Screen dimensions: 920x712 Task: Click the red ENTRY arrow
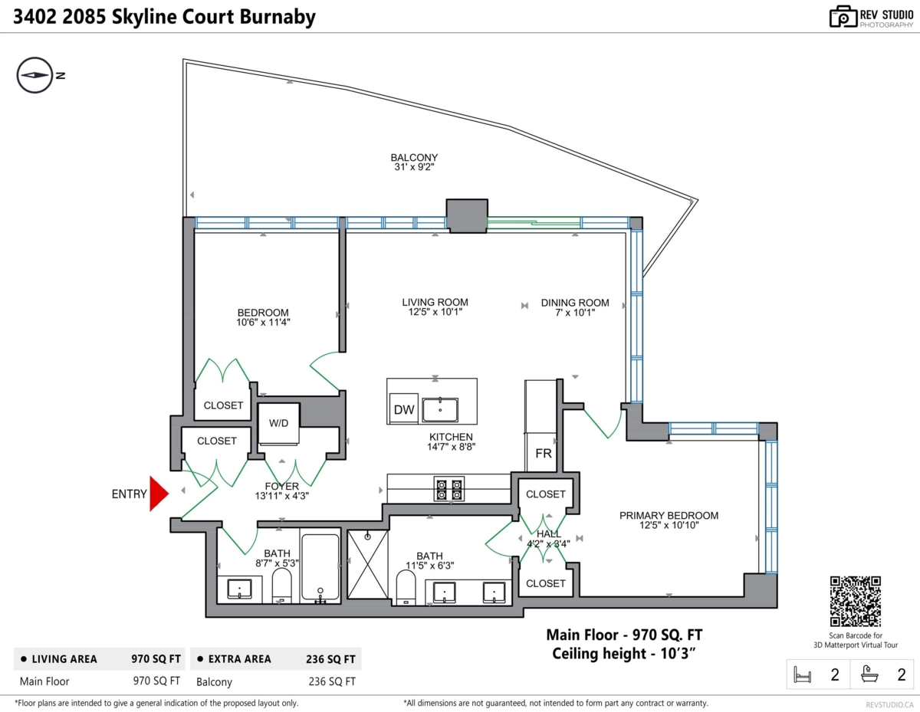coord(159,494)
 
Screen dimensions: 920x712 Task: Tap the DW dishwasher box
coord(403,408)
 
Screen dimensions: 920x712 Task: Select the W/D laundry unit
coord(278,423)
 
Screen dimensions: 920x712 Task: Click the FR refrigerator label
coord(544,454)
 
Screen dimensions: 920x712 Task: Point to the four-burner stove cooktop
coord(449,490)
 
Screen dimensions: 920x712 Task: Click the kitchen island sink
coord(440,409)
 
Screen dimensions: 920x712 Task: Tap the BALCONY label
coord(414,157)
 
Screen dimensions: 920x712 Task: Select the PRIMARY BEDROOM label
coord(669,515)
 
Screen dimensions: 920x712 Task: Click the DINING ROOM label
coord(575,303)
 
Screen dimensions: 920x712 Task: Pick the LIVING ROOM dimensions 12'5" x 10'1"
coord(435,312)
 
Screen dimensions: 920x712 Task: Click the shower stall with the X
coord(367,564)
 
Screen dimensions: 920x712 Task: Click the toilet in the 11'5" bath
coord(406,587)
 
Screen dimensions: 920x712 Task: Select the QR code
coord(856,601)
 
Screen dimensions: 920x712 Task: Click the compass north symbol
coord(35,75)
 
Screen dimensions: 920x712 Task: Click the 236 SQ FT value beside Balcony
coord(332,681)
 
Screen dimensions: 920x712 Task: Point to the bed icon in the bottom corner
coord(802,674)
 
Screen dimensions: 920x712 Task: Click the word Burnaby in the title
coord(278,17)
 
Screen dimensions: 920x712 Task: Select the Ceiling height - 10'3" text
coord(623,654)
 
